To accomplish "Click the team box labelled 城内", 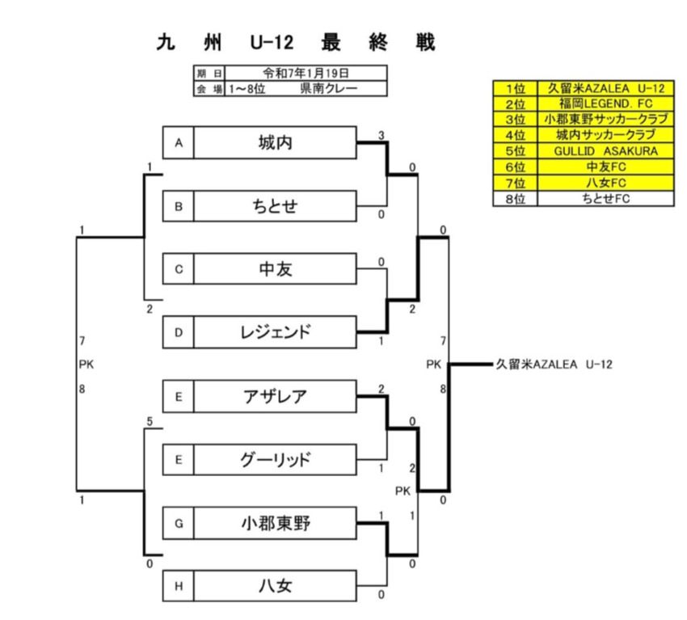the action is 275,143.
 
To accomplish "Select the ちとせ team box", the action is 275,206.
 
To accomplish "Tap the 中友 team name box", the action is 275,268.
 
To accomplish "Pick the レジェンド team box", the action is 275,332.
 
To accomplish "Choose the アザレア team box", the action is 275,396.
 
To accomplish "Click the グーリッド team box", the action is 275,460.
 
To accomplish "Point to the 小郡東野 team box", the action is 275,523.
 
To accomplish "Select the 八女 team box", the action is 275,586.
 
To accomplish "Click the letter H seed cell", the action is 179,586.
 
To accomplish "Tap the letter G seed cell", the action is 179,523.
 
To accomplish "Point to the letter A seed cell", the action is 179,143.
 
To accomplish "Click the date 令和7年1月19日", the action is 306,74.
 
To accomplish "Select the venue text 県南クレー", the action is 329,88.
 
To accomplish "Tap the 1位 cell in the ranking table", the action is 516,88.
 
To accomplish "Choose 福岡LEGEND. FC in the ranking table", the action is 606,103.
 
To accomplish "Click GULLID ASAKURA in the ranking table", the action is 606,151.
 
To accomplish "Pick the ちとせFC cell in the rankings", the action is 606,199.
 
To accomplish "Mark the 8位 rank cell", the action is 516,199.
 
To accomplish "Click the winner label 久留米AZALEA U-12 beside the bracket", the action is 554,364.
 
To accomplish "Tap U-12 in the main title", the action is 272,43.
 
